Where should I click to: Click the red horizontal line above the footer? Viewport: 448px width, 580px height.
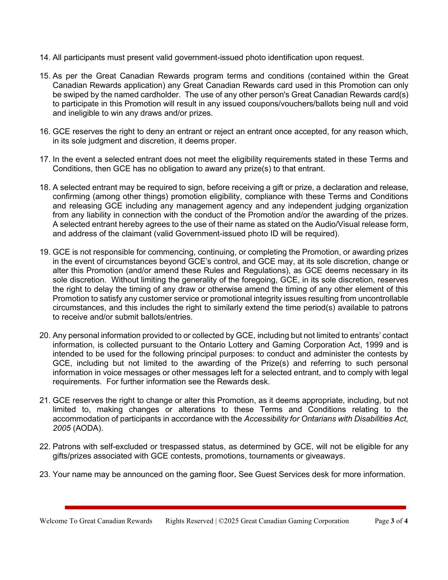tap(235, 507)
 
